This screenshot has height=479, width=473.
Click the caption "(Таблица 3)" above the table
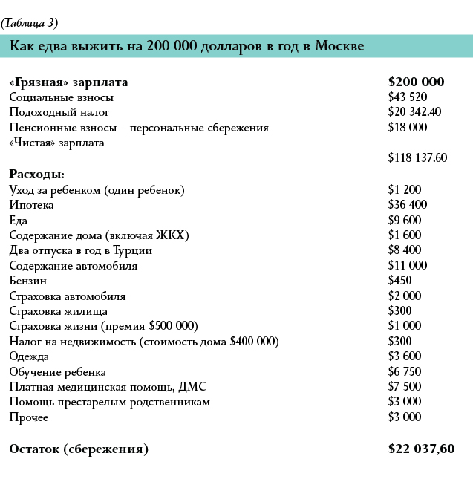(x=30, y=22)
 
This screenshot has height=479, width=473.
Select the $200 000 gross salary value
(x=416, y=82)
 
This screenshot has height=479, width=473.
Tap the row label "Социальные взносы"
(x=62, y=97)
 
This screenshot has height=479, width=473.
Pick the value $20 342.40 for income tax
(x=414, y=112)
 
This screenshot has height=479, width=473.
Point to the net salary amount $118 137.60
(x=417, y=158)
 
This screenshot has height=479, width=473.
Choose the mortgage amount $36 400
(x=408, y=205)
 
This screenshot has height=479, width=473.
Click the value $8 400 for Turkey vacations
(x=405, y=250)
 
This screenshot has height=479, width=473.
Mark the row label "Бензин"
(x=28, y=281)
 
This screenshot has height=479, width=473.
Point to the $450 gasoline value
(x=400, y=281)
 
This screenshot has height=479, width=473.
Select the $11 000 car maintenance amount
(x=407, y=265)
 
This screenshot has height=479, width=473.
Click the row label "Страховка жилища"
(x=59, y=311)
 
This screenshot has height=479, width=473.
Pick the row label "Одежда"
(x=29, y=356)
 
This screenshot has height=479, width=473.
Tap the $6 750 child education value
(x=405, y=371)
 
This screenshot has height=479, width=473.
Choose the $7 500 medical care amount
(x=405, y=387)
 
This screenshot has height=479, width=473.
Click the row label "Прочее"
(x=28, y=417)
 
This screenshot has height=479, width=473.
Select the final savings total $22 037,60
(x=421, y=449)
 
